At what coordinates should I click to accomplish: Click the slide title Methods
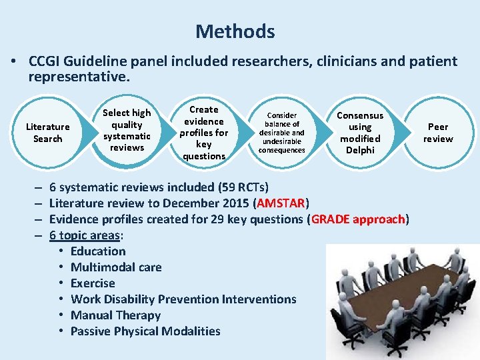tap(235, 31)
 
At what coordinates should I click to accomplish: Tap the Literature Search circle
tap(47, 133)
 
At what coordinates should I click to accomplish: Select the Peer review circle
tap(438, 133)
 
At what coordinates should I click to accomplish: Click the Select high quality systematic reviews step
tap(127, 130)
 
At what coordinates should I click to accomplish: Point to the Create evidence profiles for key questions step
tap(204, 133)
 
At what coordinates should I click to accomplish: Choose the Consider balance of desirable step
tap(281, 133)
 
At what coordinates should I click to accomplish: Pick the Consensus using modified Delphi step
tap(360, 133)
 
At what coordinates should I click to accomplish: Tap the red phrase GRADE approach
tap(359, 219)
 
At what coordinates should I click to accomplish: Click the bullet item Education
tap(98, 251)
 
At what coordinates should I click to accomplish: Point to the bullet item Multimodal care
tap(116, 267)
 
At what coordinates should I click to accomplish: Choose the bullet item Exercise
tap(93, 283)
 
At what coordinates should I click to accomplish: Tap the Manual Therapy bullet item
tap(115, 315)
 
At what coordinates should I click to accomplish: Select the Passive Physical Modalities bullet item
tap(145, 331)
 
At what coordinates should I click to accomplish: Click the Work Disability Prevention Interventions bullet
tap(183, 299)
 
